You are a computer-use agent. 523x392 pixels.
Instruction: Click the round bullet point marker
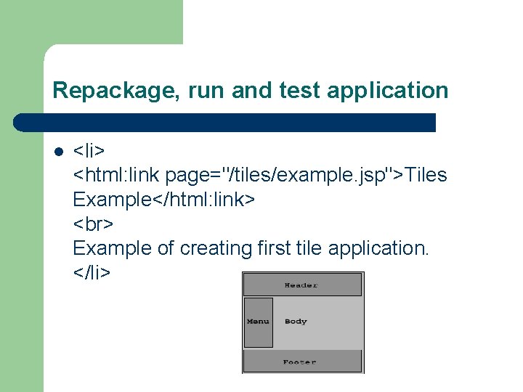point(58,152)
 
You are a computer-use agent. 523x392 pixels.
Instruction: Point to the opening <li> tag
point(89,151)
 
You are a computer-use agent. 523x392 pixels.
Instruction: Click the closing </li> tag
point(92,273)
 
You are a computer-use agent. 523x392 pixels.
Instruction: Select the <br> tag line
point(94,224)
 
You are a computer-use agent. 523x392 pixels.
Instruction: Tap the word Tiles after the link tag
point(426,175)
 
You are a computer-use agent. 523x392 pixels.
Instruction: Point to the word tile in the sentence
point(310,248)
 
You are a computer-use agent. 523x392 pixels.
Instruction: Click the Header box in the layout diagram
point(301,285)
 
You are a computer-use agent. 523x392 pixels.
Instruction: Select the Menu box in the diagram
point(258,322)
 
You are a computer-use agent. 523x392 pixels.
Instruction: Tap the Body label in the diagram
point(296,322)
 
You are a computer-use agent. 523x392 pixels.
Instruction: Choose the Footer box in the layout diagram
point(300,362)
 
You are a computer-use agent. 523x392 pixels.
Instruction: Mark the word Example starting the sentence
point(113,248)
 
